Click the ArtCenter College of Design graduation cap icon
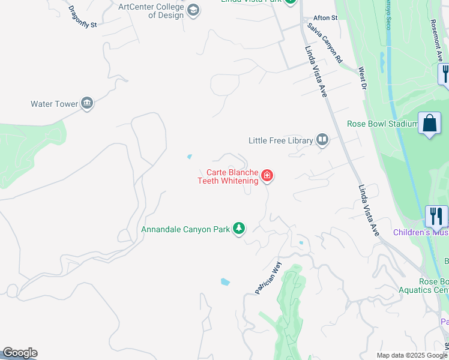193,10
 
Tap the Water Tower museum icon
87,104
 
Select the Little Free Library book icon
322,140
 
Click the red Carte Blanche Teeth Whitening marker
267,176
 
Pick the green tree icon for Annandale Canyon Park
239,229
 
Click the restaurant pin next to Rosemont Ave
445,73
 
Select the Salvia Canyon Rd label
325,43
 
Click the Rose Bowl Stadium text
382,124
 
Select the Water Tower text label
55,104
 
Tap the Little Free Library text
281,140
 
